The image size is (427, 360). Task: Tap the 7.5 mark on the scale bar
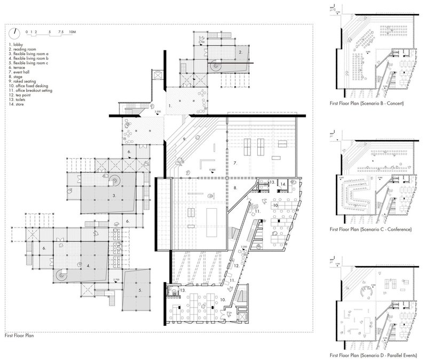pos(61,32)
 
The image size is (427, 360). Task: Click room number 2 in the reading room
pos(241,53)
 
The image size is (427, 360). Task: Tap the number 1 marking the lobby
pos(169,106)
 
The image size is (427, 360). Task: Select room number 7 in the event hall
pos(234,161)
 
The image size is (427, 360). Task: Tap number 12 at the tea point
pos(235,265)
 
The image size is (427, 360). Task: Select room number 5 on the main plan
pos(140,290)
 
